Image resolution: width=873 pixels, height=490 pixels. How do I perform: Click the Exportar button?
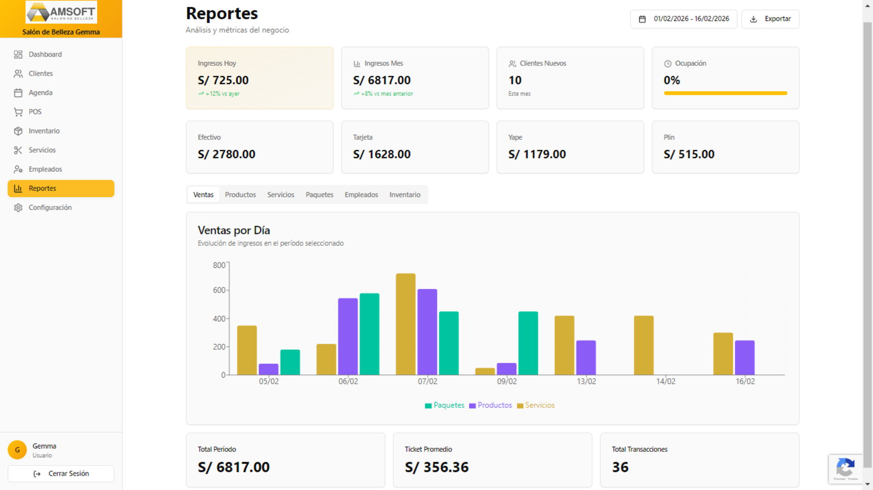pyautogui.click(x=770, y=19)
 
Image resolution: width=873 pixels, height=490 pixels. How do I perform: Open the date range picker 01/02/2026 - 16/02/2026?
pyautogui.click(x=683, y=19)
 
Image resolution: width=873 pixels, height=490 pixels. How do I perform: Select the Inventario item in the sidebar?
pyautogui.click(x=44, y=131)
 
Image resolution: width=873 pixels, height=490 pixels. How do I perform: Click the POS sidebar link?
pyautogui.click(x=35, y=112)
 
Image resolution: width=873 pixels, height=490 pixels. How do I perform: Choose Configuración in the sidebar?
pyautogui.click(x=50, y=208)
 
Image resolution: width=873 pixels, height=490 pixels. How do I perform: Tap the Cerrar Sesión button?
pyautogui.click(x=61, y=474)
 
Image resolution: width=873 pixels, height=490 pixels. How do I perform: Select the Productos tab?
pyautogui.click(x=240, y=195)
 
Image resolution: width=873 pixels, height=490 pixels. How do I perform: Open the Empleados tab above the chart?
pyautogui.click(x=361, y=195)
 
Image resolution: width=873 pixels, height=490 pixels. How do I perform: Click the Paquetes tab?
pyautogui.click(x=319, y=195)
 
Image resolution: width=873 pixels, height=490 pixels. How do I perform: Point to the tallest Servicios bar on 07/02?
pyautogui.click(x=406, y=324)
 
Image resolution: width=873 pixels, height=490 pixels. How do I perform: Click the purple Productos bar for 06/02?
pyautogui.click(x=348, y=337)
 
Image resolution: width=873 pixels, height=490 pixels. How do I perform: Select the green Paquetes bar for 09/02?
pyautogui.click(x=528, y=343)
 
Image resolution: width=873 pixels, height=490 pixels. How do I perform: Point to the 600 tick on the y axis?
pyautogui.click(x=219, y=290)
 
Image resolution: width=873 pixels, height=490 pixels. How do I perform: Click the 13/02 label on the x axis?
pyautogui.click(x=586, y=381)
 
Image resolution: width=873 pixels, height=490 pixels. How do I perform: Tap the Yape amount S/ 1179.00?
pyautogui.click(x=537, y=154)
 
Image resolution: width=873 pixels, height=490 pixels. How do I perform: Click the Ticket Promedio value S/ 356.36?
pyautogui.click(x=436, y=467)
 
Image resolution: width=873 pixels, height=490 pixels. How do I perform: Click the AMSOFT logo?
pyautogui.click(x=61, y=12)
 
